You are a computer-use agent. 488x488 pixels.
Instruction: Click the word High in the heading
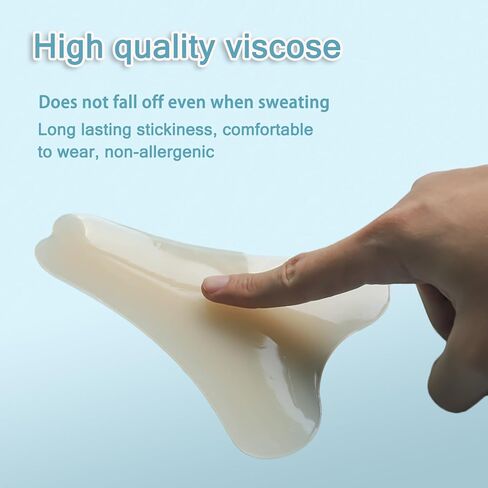click(68, 47)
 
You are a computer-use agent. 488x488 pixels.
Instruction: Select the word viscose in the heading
click(283, 47)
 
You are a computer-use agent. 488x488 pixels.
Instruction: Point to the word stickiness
click(174, 129)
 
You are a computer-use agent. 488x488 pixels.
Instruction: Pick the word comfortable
click(268, 129)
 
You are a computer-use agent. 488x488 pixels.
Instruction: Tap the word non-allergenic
click(159, 152)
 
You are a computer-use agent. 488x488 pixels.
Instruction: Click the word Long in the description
click(57, 130)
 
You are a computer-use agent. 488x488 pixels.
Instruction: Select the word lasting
click(106, 130)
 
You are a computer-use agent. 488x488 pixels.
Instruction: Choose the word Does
click(58, 102)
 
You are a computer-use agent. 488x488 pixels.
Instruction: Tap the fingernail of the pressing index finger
click(217, 284)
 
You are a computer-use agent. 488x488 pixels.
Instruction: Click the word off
click(153, 102)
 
